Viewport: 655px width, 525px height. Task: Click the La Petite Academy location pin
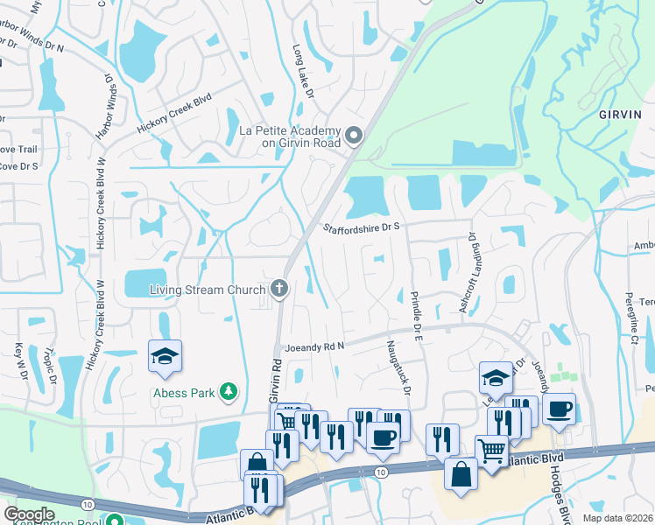(x=354, y=136)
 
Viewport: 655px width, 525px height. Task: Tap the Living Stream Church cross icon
(x=279, y=289)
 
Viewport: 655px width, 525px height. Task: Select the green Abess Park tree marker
(x=229, y=391)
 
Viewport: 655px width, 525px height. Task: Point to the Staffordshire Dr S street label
(x=360, y=227)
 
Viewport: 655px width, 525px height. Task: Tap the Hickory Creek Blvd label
(x=173, y=114)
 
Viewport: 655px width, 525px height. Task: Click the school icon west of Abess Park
(x=165, y=357)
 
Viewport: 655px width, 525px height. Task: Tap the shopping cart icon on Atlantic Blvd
(x=492, y=451)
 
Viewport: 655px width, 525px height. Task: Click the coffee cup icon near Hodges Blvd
(x=559, y=409)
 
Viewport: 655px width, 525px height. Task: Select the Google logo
(x=30, y=514)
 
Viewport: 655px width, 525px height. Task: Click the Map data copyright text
(x=618, y=519)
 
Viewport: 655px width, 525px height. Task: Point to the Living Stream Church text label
(x=208, y=289)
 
